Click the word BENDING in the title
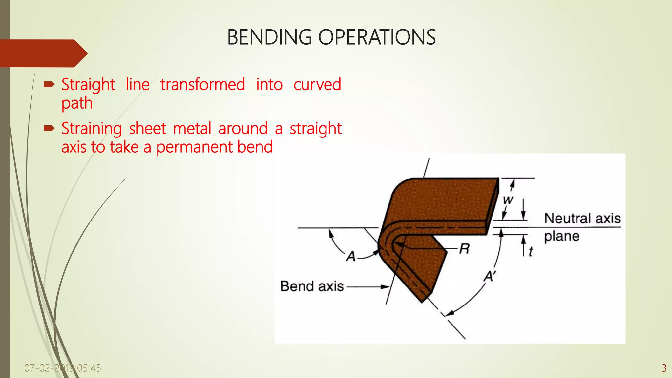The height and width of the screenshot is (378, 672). click(269, 37)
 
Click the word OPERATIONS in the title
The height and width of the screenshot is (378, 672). click(377, 37)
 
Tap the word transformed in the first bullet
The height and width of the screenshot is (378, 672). click(202, 85)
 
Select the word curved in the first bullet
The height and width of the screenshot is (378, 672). click(317, 85)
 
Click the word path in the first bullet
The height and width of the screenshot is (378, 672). click(77, 103)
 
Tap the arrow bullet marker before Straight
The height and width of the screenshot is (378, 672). click(49, 85)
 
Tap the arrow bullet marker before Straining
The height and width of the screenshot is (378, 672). click(49, 129)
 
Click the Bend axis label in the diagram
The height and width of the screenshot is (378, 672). click(312, 286)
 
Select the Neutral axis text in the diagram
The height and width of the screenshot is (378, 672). click(582, 219)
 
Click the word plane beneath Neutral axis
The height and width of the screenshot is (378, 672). click(562, 236)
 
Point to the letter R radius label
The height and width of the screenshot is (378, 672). click(464, 249)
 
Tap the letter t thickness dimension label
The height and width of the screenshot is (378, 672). click(531, 252)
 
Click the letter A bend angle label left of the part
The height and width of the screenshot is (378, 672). click(351, 256)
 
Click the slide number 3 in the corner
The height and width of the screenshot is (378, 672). click(664, 368)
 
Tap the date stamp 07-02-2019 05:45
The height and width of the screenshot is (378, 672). click(63, 368)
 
